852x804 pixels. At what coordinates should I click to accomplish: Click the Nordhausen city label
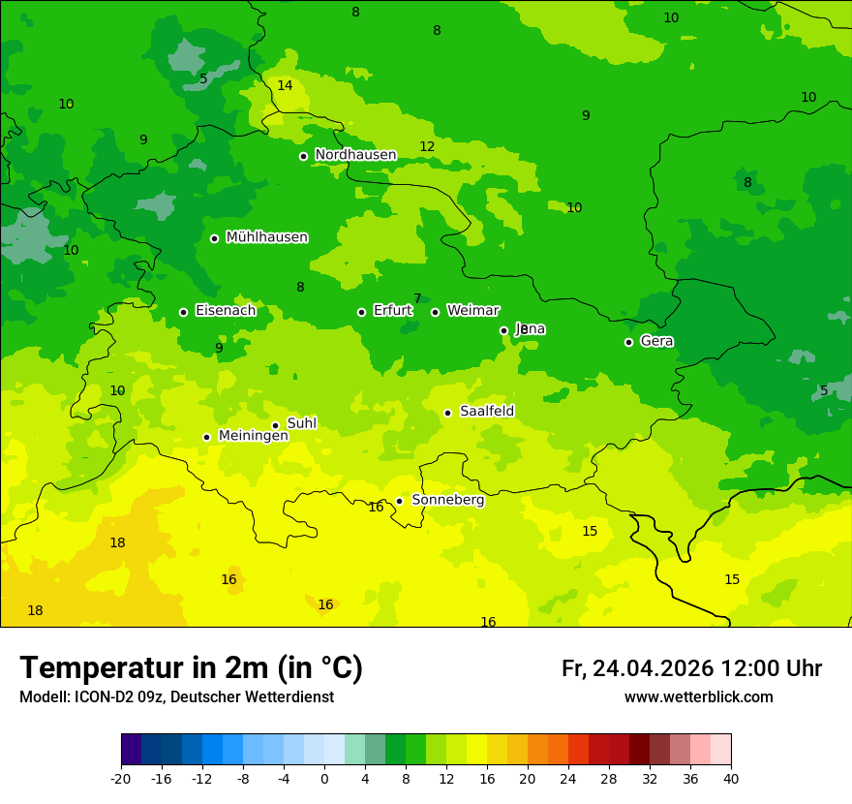tap(355, 155)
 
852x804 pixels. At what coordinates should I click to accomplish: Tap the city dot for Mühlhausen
tap(214, 238)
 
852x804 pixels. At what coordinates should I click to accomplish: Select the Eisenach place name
tap(226, 311)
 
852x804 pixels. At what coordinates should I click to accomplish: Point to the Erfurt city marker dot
tap(361, 312)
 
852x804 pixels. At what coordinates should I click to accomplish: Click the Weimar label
tap(472, 311)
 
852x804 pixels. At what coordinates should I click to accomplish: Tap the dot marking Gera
tap(628, 342)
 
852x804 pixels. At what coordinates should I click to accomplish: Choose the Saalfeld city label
tap(487, 412)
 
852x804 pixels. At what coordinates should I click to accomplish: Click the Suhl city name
tap(302, 423)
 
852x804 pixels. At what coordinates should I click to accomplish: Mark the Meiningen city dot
tap(206, 437)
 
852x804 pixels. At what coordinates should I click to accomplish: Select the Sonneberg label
tap(447, 500)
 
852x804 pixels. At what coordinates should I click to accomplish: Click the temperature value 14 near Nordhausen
tap(285, 85)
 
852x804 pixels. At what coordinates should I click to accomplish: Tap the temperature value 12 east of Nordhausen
tap(427, 146)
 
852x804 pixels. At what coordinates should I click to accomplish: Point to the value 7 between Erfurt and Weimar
tap(417, 298)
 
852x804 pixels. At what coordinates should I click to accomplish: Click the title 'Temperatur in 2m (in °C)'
tap(191, 668)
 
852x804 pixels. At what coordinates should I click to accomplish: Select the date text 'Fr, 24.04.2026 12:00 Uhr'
tap(691, 668)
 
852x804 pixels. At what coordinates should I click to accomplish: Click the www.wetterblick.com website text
tap(698, 697)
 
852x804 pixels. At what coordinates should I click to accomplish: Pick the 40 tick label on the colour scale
tap(731, 778)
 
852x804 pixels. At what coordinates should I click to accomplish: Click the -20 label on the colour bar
tap(121, 778)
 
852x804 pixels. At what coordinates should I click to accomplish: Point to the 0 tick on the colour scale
tap(324, 778)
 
